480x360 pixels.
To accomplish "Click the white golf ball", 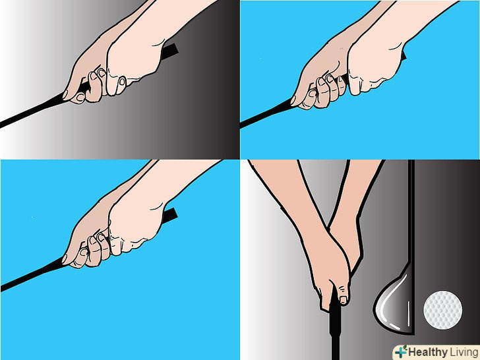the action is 442,310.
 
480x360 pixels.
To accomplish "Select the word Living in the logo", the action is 464,352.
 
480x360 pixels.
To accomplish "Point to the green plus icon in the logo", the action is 401,351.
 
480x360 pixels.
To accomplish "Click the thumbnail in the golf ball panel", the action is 344,299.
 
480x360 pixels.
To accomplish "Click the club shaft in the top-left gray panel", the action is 34,111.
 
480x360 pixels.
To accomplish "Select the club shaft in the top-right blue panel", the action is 266,113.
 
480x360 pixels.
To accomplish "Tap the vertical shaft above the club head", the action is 411,211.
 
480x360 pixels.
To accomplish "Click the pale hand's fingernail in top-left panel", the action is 122,82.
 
